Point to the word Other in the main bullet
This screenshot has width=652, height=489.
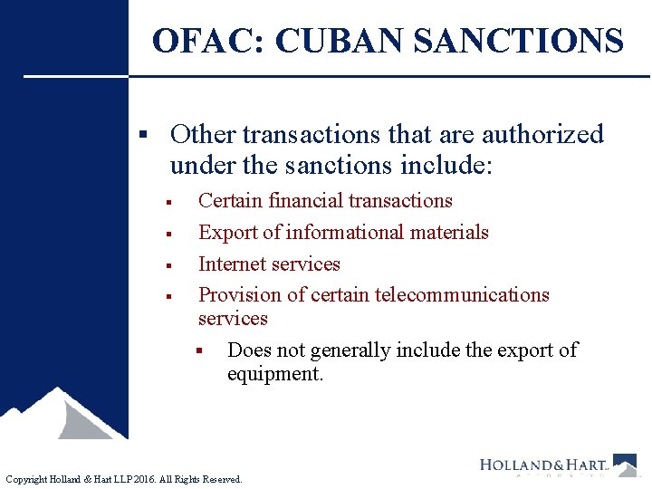pyautogui.click(x=202, y=135)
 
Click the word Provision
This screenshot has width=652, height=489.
pyautogui.click(x=240, y=295)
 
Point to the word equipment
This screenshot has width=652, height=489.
pyautogui.click(x=274, y=374)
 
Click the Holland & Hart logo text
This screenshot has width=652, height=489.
pyautogui.click(x=543, y=465)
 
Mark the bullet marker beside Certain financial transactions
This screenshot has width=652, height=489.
pyautogui.click(x=169, y=202)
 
